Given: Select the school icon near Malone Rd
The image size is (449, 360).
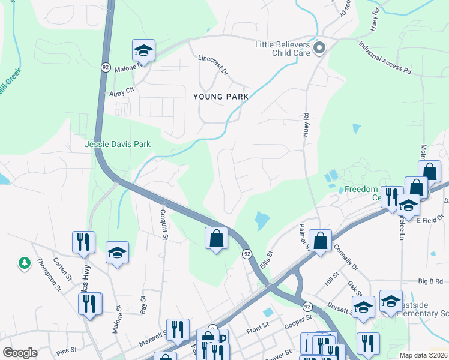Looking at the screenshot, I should (x=143, y=51).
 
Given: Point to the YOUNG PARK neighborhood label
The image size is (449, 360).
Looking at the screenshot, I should (x=221, y=97).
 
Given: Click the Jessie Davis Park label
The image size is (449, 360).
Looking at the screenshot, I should (x=118, y=144).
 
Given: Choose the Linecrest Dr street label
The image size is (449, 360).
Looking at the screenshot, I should (x=213, y=65).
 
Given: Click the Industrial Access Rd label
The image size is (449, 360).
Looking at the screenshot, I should (x=385, y=58).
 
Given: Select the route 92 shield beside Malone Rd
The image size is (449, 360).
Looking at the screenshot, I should (x=106, y=68).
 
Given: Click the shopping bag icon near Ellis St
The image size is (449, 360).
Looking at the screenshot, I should (x=216, y=238).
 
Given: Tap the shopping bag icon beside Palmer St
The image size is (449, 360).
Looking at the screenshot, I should (x=321, y=242).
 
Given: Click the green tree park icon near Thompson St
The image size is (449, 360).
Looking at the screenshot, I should (x=24, y=263).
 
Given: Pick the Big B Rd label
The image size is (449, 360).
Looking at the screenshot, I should (x=430, y=281).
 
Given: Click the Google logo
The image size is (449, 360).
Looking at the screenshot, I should (x=20, y=353).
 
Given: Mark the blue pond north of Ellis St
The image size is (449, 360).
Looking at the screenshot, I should (x=262, y=221).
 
